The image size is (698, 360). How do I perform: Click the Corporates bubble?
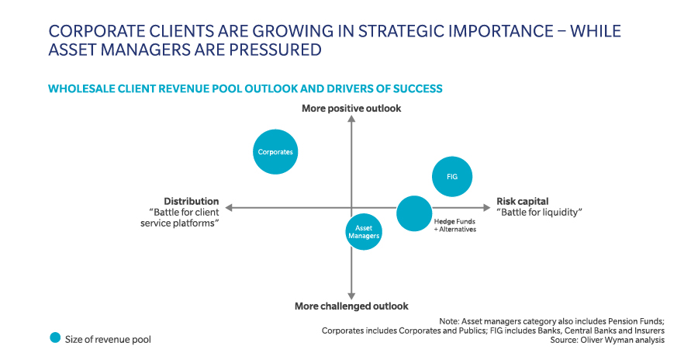point(275,152)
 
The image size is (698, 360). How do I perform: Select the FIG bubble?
point(451,176)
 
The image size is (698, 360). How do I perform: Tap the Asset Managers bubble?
point(364,231)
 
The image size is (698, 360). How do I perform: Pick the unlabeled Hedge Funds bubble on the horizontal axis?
point(414,213)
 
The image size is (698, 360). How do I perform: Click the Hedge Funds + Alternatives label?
point(454,226)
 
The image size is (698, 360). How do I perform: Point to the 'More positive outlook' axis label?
point(351,109)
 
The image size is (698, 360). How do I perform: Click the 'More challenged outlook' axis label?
point(351,306)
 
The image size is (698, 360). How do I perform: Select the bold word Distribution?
point(192,201)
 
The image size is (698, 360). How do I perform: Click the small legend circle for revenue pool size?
point(54,337)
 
